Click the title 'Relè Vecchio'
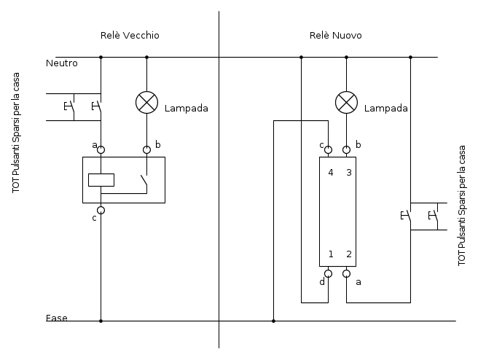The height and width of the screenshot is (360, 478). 130,36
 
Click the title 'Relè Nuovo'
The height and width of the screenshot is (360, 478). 335,36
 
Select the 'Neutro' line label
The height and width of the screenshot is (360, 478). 61,63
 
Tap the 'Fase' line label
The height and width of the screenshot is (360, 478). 56,318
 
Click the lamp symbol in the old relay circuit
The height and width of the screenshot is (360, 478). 146,103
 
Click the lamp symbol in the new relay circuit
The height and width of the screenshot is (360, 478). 346,103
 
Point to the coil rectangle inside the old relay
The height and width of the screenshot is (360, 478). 101,180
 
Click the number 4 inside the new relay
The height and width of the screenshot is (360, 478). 330,173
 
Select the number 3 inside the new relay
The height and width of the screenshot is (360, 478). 349,173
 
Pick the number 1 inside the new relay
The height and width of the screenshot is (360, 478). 331,254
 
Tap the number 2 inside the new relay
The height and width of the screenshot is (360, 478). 349,254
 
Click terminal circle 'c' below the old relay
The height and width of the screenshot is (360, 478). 101,211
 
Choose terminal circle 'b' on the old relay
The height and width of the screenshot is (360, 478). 146,149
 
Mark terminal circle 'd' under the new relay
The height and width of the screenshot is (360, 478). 328,274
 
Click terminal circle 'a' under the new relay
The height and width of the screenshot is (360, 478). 346,274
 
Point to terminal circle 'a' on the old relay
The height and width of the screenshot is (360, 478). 101,149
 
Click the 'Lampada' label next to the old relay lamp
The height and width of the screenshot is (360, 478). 186,109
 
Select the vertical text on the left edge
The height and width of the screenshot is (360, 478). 16,132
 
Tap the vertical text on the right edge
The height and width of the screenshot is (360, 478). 461,206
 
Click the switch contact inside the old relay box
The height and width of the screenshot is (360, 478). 144,182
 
